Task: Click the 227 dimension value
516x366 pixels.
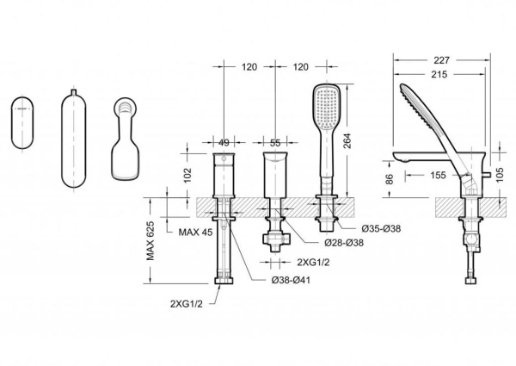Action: coord(441,60)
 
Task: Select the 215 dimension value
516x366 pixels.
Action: coord(439,74)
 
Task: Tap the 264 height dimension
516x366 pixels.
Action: coord(347,140)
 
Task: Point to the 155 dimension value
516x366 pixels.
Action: coord(438,175)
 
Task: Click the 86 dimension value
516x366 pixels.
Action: coord(390,179)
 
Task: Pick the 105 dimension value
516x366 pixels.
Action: coord(500,175)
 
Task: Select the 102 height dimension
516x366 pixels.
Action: coord(187,175)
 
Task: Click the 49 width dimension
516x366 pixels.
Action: coord(224,143)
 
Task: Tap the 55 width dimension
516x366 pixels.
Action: coord(275,143)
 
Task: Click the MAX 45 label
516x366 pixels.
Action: coord(195,233)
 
